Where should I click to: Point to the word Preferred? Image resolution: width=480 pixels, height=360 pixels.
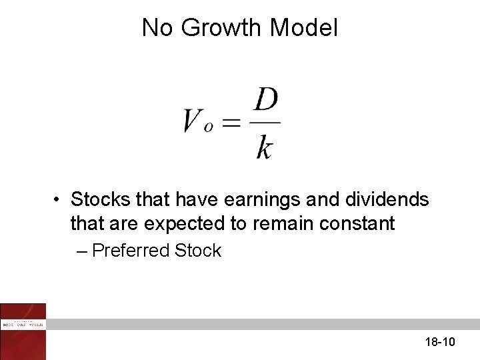[x=131, y=251]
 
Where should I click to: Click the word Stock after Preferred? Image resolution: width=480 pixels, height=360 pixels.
[x=197, y=251]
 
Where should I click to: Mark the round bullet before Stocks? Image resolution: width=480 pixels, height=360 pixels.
[x=59, y=200]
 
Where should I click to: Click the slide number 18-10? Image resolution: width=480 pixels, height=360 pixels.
[x=439, y=342]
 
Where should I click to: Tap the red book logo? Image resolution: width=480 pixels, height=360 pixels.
[x=23, y=331]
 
